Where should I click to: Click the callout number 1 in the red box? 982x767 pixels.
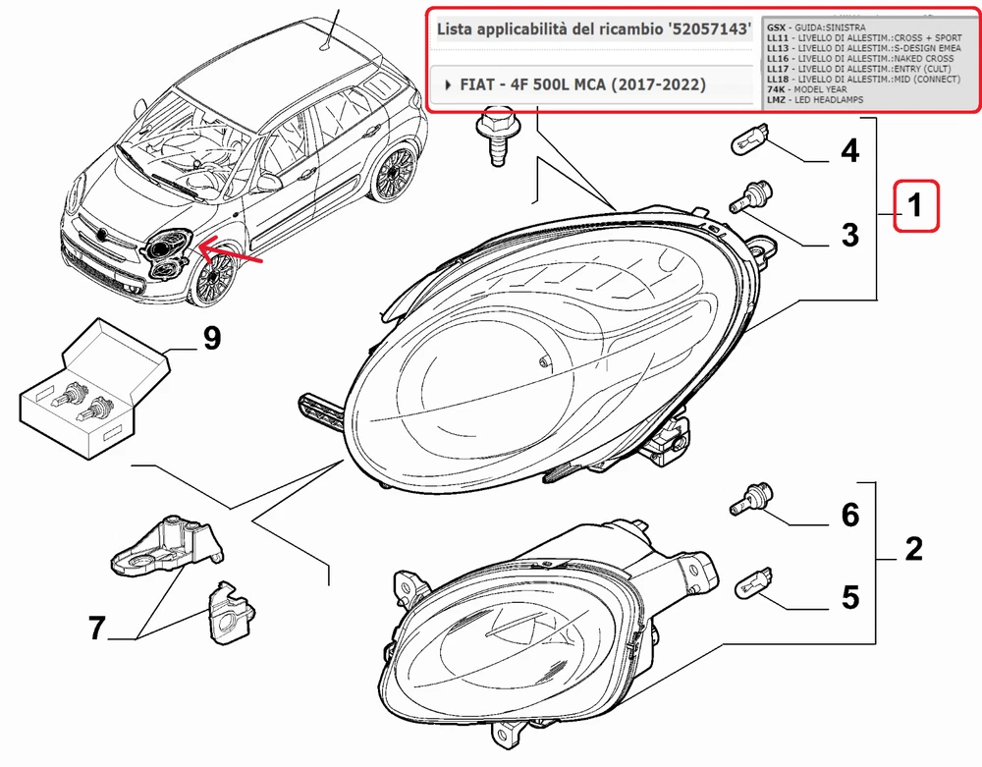coord(915,207)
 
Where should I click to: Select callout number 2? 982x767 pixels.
coord(913,548)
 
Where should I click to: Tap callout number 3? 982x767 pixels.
coord(849,236)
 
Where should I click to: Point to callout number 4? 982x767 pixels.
coord(849,151)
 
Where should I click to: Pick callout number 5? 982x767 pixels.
coord(849,597)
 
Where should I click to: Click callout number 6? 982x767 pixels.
coord(849,514)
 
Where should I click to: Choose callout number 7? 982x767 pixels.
coord(96,628)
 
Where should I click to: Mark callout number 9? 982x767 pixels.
coord(211,339)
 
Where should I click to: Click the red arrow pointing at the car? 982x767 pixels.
coord(232,255)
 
